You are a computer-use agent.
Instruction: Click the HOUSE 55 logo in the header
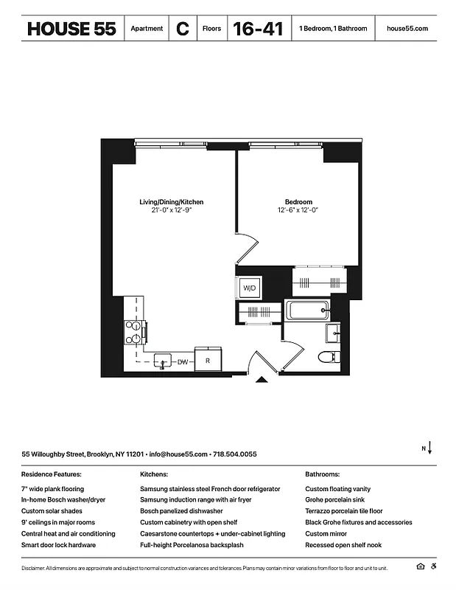(x=71, y=29)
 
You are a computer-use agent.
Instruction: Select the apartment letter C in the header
(x=182, y=29)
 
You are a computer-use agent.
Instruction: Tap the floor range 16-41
(x=258, y=29)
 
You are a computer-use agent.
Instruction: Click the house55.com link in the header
(x=407, y=29)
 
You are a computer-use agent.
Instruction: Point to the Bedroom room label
(x=298, y=202)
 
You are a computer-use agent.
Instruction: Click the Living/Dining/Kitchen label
(x=171, y=202)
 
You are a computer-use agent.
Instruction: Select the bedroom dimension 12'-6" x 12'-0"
(x=298, y=210)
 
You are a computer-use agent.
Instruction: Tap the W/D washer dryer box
(x=249, y=288)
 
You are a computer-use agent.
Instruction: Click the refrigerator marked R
(x=208, y=361)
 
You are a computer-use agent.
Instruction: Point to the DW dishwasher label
(x=183, y=361)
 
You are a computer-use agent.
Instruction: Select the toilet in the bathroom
(x=327, y=358)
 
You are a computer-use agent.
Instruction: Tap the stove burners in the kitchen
(x=135, y=332)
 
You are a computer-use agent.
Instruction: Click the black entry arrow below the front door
(x=261, y=381)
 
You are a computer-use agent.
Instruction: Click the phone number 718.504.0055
(x=236, y=454)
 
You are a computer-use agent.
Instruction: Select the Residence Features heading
(x=52, y=474)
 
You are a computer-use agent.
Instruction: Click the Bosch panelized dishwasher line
(x=181, y=511)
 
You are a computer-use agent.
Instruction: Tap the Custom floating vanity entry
(x=338, y=489)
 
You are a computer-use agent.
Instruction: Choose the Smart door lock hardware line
(x=58, y=545)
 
